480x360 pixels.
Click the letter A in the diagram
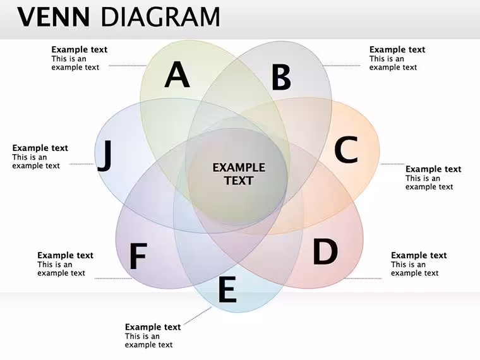pyautogui.click(x=177, y=75)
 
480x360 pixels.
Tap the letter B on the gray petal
pyautogui.click(x=281, y=77)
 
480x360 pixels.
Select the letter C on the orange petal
pyautogui.click(x=346, y=150)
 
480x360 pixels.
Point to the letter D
pyautogui.click(x=325, y=251)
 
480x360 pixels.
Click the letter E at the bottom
pyautogui.click(x=227, y=289)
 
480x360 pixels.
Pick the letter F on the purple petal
pyautogui.click(x=138, y=256)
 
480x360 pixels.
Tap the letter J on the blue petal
pyautogui.click(x=104, y=155)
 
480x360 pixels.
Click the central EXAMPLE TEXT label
pyautogui.click(x=239, y=174)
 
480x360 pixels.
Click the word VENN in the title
pyautogui.click(x=54, y=17)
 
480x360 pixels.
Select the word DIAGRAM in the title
pyautogui.click(x=160, y=17)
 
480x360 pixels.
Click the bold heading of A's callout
pyautogui.click(x=80, y=50)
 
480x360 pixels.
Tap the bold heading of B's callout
pyautogui.click(x=397, y=50)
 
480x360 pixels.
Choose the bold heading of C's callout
pyautogui.click(x=433, y=169)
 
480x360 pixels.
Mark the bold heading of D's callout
pyautogui.click(x=419, y=255)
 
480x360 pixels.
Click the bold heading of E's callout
pyautogui.click(x=153, y=327)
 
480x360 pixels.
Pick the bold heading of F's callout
pyautogui.click(x=65, y=255)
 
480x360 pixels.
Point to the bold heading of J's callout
pyautogui.click(x=40, y=148)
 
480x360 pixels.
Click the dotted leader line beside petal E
pyautogui.click(x=198, y=316)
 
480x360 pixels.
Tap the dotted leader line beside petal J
pyautogui.click(x=81, y=164)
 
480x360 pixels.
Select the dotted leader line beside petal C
pyautogui.click(x=392, y=164)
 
